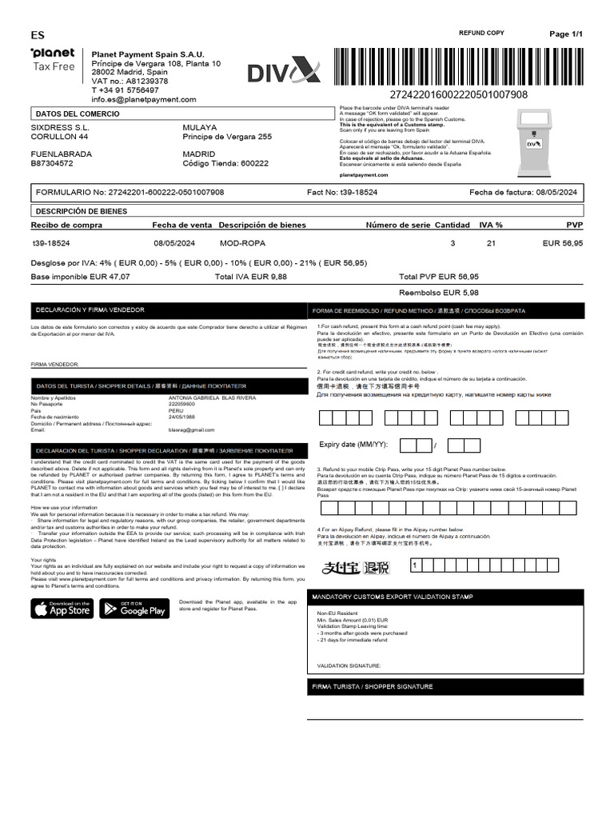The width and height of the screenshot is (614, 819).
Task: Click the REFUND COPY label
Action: [x=480, y=33]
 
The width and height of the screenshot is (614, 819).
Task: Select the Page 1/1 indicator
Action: [x=567, y=34]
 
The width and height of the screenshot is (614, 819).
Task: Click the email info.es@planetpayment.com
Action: [x=143, y=99]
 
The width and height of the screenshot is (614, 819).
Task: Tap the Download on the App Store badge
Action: [x=62, y=609]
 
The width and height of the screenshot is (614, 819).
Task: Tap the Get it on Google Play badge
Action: [x=134, y=609]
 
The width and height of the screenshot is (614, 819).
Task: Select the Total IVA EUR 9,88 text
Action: [x=251, y=276]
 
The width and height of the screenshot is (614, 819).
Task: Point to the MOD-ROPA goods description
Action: [x=242, y=242]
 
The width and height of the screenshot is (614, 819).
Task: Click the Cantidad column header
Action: [x=452, y=226]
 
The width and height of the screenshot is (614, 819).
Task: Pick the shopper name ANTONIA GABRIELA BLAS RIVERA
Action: [x=212, y=398]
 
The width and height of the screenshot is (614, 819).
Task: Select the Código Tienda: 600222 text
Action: [x=225, y=163]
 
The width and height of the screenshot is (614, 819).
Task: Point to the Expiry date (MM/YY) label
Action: [x=353, y=444]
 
